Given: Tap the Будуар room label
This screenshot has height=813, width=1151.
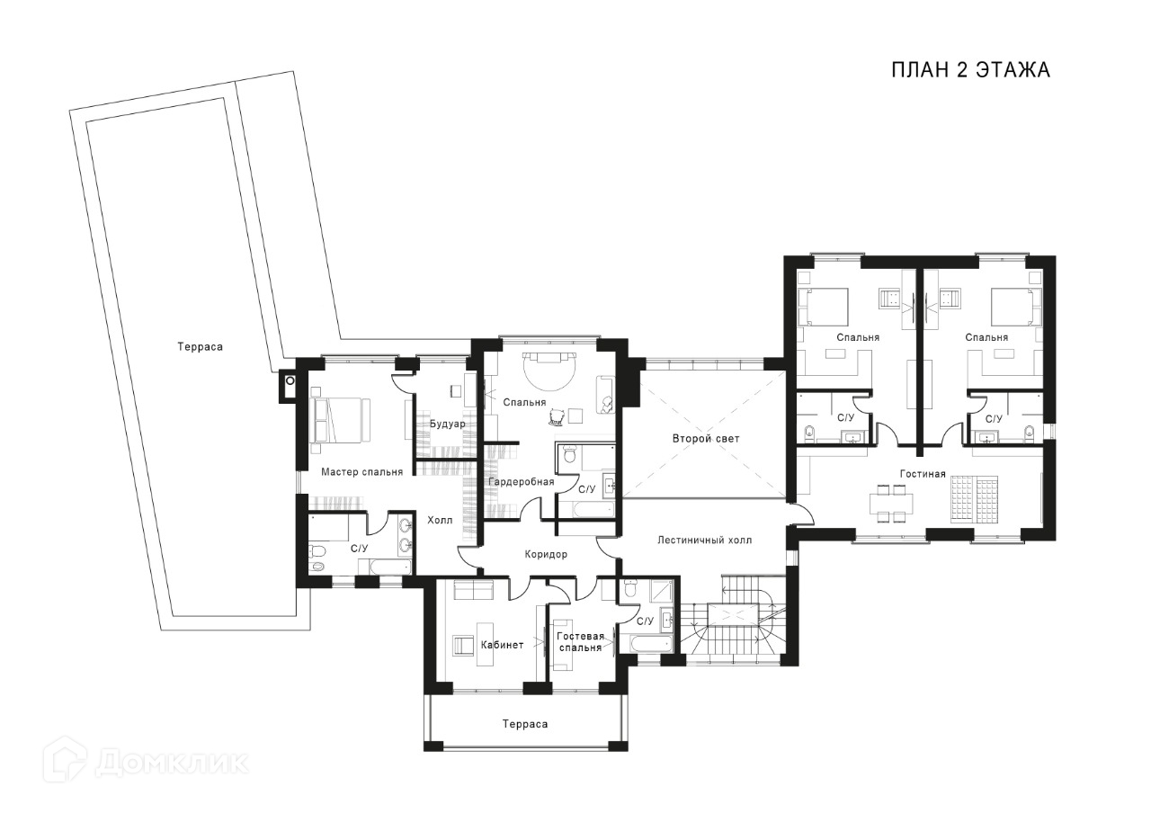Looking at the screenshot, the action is (448, 424).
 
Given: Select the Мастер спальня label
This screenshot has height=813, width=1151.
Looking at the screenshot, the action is (361, 472).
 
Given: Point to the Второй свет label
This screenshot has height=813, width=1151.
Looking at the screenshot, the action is (706, 439).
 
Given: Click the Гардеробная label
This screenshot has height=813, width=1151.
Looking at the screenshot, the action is (521, 482).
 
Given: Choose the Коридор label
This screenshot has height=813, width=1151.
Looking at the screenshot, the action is (546, 555).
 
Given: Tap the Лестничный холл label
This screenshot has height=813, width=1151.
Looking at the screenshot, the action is (704, 541).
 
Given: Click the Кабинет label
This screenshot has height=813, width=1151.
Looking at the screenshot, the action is (502, 645).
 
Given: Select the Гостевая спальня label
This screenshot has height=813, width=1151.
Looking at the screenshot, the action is (581, 642).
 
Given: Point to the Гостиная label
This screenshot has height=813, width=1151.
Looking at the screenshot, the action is (923, 474).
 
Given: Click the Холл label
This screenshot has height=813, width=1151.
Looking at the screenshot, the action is (440, 520).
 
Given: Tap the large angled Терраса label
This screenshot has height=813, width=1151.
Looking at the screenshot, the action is (201, 347).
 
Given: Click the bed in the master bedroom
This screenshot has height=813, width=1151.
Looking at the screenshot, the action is (340, 420).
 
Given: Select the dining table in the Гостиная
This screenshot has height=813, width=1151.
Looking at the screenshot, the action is (891, 504).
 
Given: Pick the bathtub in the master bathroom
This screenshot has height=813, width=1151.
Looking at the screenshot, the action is (385, 567).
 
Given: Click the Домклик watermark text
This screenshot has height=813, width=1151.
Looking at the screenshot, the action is (172, 764).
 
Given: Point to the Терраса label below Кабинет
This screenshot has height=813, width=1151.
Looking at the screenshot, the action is (525, 724).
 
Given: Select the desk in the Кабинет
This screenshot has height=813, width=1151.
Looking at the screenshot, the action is (485, 645).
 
